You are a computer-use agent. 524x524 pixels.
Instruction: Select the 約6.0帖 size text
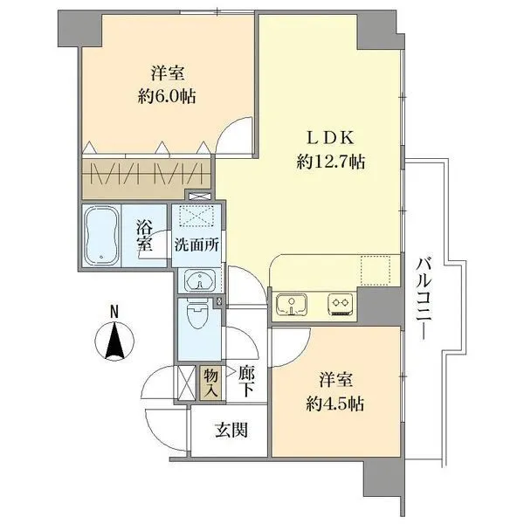click(167, 97)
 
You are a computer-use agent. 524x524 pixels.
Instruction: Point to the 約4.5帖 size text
click(336, 404)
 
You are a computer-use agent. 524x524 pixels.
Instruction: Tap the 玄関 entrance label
click(231, 430)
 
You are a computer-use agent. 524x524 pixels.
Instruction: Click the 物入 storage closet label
click(210, 382)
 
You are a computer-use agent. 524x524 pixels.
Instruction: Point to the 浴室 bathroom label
click(145, 233)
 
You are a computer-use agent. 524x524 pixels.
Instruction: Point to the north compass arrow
click(114, 340)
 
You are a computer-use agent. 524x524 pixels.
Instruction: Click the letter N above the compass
click(114, 309)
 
